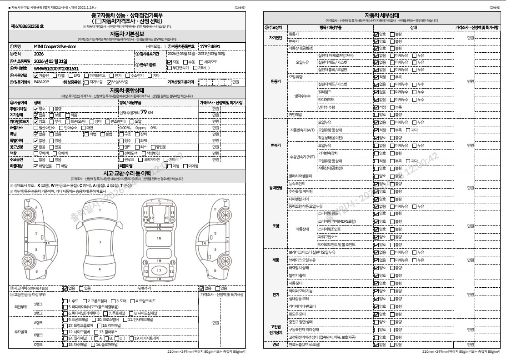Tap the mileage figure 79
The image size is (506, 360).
pos(143,112)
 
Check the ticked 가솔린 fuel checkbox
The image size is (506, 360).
pos(36,75)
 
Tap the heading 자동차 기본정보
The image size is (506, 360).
pos(127,34)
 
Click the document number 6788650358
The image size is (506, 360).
pos(27,26)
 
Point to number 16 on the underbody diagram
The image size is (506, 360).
pos(159,238)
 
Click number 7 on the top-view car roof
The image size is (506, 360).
pos(100,242)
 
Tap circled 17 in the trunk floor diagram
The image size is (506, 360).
pos(159,270)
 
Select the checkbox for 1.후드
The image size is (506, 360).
pos(65,301)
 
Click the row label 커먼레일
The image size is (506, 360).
pos(295,115)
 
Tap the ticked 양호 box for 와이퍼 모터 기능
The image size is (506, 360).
pos(376,291)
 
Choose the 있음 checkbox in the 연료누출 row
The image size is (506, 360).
pos(392,345)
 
